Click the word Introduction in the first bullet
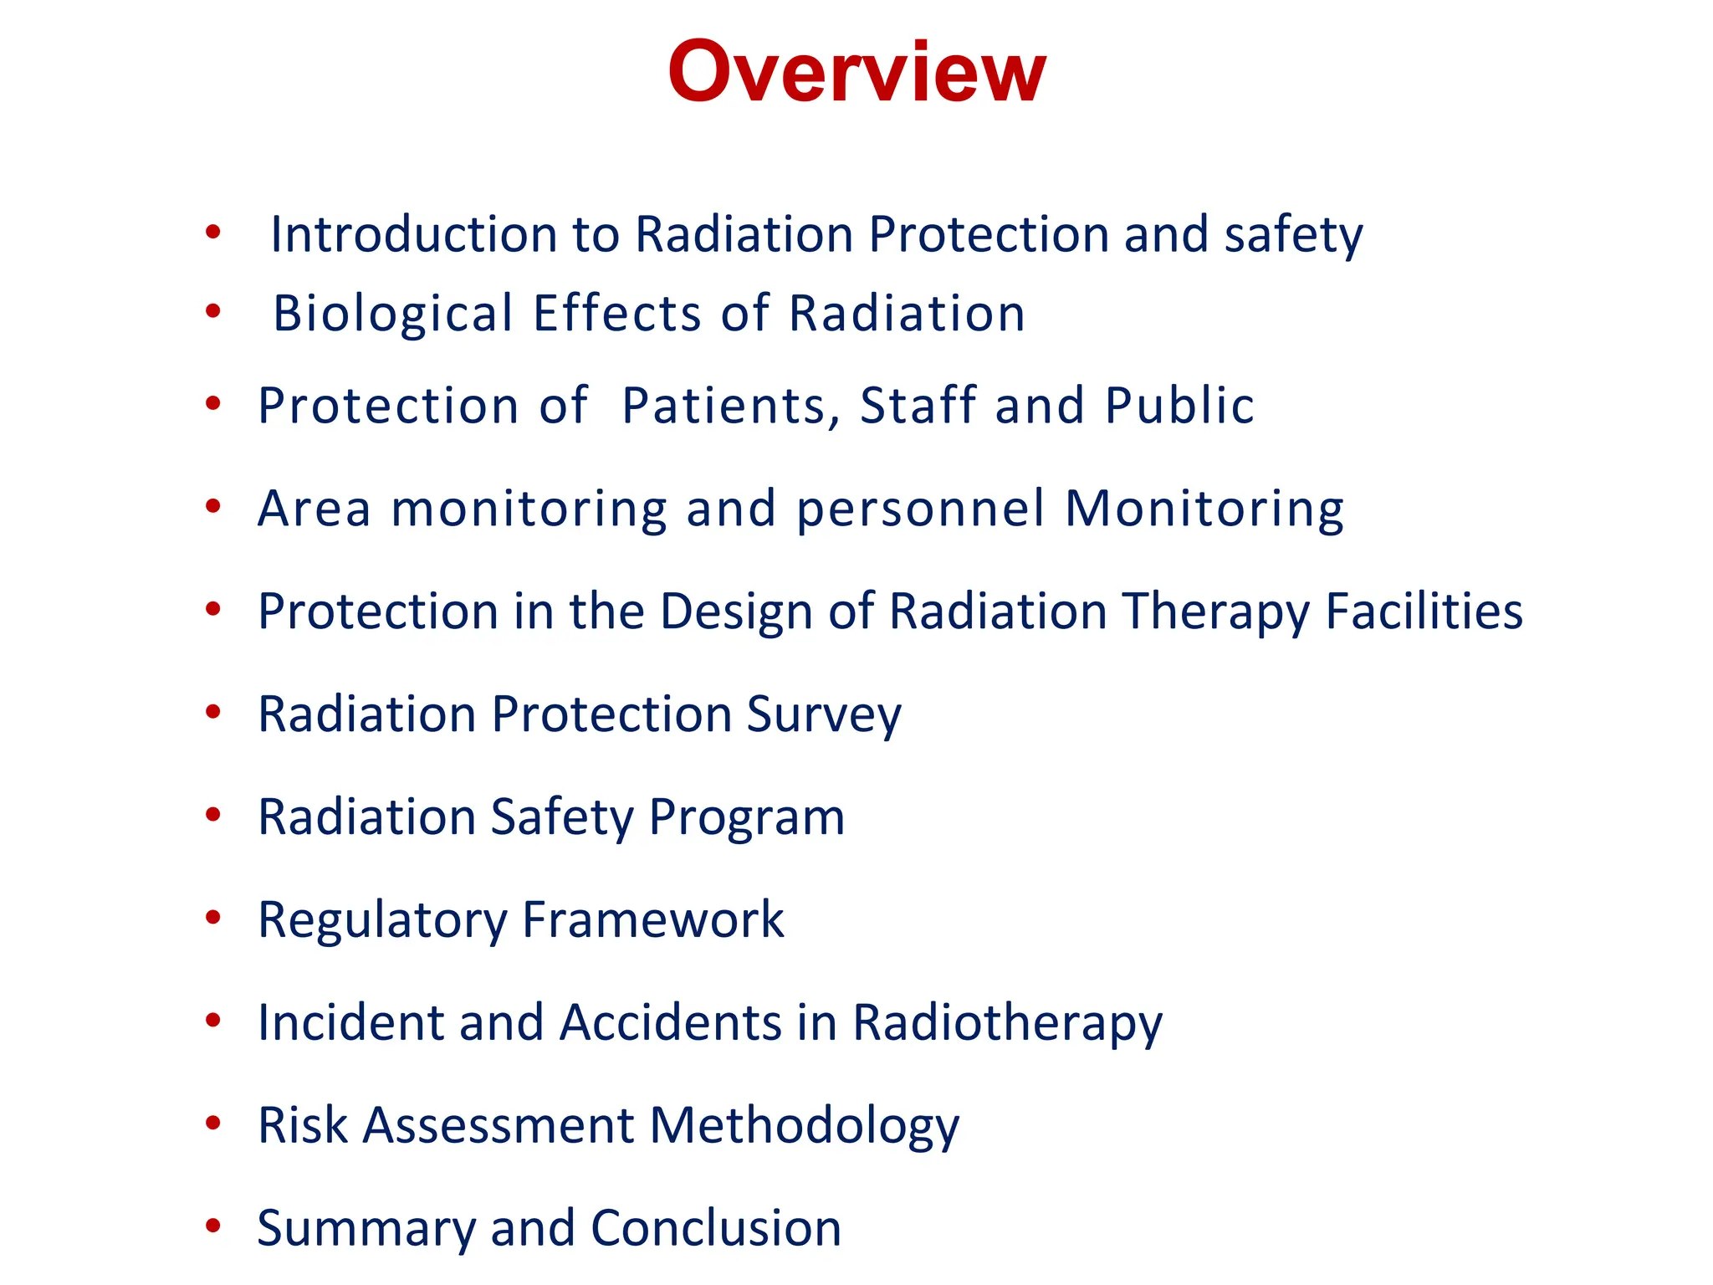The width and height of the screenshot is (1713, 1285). click(x=413, y=234)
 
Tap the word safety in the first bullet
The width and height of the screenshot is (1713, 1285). click(x=1293, y=234)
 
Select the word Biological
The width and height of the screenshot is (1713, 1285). click(x=393, y=314)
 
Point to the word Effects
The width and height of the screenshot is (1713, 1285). click(x=617, y=314)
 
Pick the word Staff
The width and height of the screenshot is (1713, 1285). click(x=918, y=406)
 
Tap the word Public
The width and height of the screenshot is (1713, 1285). click(x=1179, y=406)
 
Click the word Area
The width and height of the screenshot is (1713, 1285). click(x=314, y=509)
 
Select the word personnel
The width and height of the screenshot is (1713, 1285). click(x=920, y=509)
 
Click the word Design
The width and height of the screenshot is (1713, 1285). click(x=736, y=612)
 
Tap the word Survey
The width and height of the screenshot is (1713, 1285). click(x=823, y=714)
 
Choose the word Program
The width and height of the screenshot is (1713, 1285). click(x=746, y=817)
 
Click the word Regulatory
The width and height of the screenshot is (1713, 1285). click(x=382, y=920)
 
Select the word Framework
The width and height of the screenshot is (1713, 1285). click(x=652, y=920)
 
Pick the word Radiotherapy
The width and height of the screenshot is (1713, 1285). click(x=1007, y=1022)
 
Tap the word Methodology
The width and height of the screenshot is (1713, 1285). click(x=805, y=1125)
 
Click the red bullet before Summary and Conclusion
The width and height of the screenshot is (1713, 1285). click(x=213, y=1226)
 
